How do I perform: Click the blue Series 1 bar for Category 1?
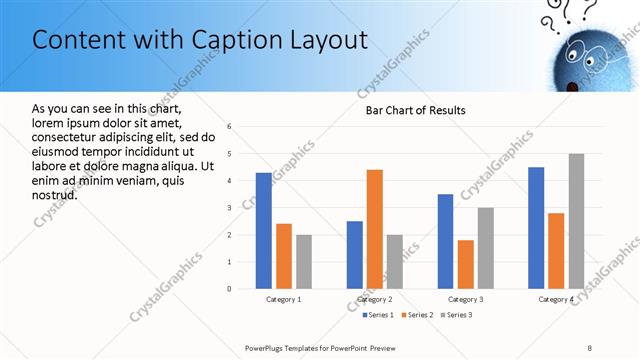pos(263,231)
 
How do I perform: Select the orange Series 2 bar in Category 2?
pos(375,229)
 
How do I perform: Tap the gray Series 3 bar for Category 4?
pos(576,221)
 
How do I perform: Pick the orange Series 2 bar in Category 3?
pos(465,264)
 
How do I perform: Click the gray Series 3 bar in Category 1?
pos(303,262)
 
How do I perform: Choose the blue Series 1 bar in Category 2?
pos(355,255)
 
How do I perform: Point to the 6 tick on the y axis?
pos(230,127)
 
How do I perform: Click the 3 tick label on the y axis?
pos(230,208)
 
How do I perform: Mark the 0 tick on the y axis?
pos(230,289)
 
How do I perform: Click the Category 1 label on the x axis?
pos(283,299)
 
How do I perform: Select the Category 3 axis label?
pos(465,299)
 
